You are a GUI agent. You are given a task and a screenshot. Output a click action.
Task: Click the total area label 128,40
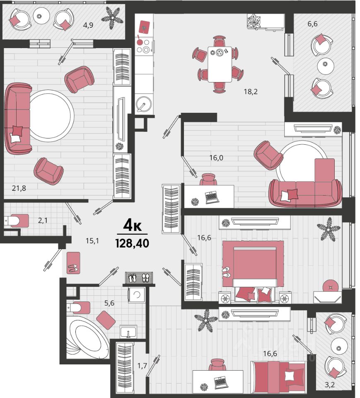tap(132, 243)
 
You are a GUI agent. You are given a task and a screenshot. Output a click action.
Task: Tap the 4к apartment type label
tap(132, 226)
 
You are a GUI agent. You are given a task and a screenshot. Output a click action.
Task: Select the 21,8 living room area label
tap(19, 188)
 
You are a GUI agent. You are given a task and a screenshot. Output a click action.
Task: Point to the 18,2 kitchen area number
tap(251, 91)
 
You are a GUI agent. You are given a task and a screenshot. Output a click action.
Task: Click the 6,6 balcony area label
tap(312, 24)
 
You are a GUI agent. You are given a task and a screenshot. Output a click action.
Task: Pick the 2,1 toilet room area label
tap(43, 220)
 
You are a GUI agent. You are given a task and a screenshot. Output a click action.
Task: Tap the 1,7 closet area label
tap(142, 366)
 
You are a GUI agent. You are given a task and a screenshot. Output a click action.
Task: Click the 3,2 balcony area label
tap(330, 385)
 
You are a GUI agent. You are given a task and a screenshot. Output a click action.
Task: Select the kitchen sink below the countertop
tap(144, 103)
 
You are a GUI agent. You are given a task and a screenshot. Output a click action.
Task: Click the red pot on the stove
tap(140, 41)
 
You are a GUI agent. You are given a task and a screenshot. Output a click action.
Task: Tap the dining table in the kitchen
tap(220, 64)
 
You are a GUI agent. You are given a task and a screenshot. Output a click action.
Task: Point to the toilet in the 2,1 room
tap(16, 221)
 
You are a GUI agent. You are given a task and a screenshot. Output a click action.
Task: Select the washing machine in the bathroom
tap(136, 295)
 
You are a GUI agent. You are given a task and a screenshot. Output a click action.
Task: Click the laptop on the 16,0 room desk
tap(212, 198)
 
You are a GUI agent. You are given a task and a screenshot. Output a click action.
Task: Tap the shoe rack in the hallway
tap(139, 278)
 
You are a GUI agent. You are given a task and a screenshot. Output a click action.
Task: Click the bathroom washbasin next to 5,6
tap(128, 332)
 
